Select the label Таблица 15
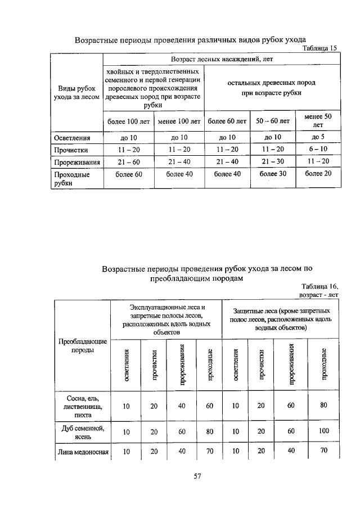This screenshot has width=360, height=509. pos(319,49)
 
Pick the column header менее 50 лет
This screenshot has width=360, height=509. pos(318,120)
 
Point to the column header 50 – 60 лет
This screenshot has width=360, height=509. pos(273,121)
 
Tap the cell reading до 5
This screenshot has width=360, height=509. pos(318,137)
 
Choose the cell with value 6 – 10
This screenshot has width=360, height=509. pos(318,150)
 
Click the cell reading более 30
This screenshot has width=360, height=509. pos(273,175)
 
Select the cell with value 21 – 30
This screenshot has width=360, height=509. pos(273,163)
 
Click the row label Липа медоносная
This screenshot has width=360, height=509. pos(83,452)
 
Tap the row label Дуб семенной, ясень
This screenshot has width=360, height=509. pos(83,431)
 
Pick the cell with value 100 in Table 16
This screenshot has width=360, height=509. pos(322,431)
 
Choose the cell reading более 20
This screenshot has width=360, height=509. pos(318,175)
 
